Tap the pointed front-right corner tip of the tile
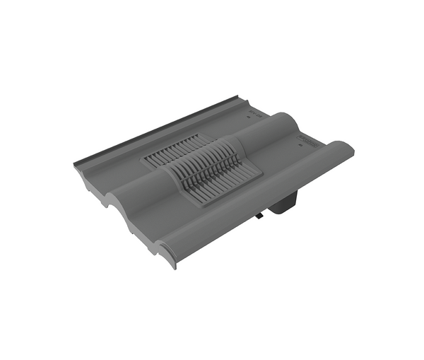click(173, 268)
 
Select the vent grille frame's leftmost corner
click(144, 163)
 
